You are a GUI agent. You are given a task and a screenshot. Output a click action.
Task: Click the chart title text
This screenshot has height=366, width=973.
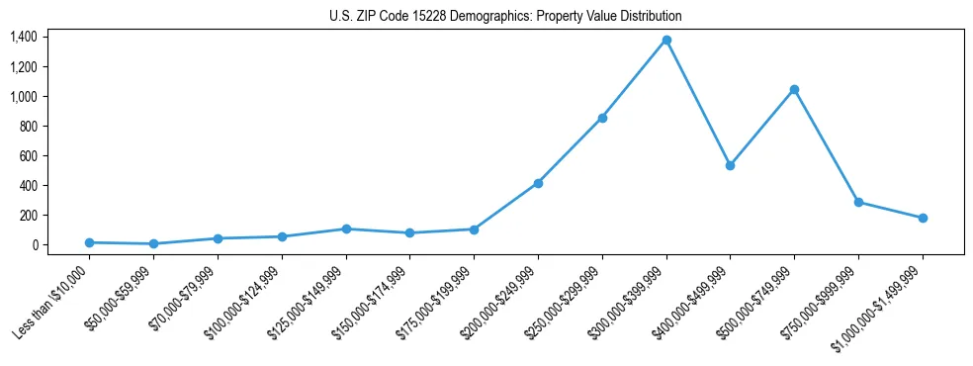tap(505, 17)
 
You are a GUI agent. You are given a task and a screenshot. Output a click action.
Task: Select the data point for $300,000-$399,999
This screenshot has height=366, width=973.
tap(666, 40)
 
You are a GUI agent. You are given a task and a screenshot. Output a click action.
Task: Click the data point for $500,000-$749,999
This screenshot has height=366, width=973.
tap(794, 89)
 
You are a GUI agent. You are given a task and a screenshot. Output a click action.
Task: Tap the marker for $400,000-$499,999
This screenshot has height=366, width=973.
tap(730, 165)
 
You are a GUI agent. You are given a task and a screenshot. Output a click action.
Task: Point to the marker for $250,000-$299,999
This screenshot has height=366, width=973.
tap(602, 118)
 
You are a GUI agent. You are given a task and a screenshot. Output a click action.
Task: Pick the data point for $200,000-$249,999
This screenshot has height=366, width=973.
tap(538, 183)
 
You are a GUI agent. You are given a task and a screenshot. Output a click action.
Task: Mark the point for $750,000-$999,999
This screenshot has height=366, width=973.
tap(858, 202)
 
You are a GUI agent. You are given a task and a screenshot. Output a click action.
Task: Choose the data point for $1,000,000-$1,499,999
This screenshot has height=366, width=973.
tap(923, 218)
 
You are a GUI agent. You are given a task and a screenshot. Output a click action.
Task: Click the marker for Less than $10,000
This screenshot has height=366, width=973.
tap(89, 242)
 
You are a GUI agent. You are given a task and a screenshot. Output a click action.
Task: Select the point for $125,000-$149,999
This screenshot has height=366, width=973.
tap(346, 229)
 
